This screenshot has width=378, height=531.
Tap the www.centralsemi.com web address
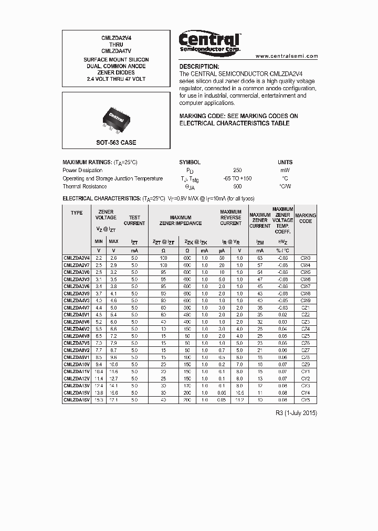[287, 56]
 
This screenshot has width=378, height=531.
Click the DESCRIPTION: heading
[199, 67]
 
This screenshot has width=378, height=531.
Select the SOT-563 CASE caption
[115, 143]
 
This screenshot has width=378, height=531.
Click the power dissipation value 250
[237, 171]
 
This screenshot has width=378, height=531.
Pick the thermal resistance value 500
[237, 186]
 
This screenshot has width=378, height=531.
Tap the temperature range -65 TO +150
[237, 178]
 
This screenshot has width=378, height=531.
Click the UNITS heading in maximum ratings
[285, 163]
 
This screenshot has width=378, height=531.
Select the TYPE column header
[77, 213]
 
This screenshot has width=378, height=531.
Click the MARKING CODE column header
[306, 218]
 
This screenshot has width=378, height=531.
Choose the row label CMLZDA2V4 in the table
[77, 258]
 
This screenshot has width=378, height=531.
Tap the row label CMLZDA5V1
[77, 315]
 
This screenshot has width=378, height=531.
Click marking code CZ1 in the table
[306, 307]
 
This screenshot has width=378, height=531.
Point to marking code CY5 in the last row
[306, 400]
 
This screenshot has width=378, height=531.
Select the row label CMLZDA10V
[77, 364]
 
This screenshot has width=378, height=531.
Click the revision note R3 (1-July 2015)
[296, 413]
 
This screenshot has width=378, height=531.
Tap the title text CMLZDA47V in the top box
[115, 51]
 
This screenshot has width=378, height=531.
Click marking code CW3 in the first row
[306, 258]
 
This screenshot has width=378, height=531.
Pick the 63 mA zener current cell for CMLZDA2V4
[259, 258]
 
